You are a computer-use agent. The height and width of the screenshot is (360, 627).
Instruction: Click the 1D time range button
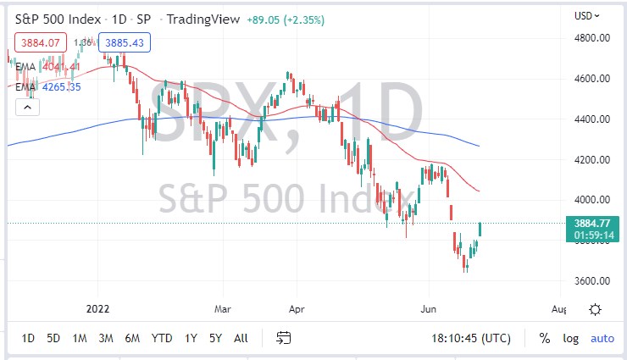pyautogui.click(x=28, y=338)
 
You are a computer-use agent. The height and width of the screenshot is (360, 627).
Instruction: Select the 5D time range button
pyautogui.click(x=53, y=338)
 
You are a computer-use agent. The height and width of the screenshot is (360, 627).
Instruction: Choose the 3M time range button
pyautogui.click(x=106, y=338)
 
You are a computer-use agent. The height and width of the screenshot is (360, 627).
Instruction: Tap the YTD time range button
pyautogui.click(x=162, y=338)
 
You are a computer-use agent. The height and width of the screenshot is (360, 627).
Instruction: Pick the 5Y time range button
pyautogui.click(x=215, y=338)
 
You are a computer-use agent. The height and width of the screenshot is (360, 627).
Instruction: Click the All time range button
pyautogui.click(x=241, y=338)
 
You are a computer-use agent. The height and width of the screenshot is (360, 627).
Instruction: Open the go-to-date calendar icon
pyautogui.click(x=284, y=338)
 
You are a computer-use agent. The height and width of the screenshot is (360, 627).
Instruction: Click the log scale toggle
pyautogui.click(x=571, y=338)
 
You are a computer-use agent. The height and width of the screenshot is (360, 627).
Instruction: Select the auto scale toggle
pyautogui.click(x=602, y=338)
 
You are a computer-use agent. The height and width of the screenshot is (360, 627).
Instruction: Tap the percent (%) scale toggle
pyautogui.click(x=544, y=338)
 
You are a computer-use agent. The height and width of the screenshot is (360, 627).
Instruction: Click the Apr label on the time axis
pyautogui.click(x=297, y=310)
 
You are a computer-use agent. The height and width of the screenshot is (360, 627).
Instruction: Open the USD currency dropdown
pyautogui.click(x=586, y=15)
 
